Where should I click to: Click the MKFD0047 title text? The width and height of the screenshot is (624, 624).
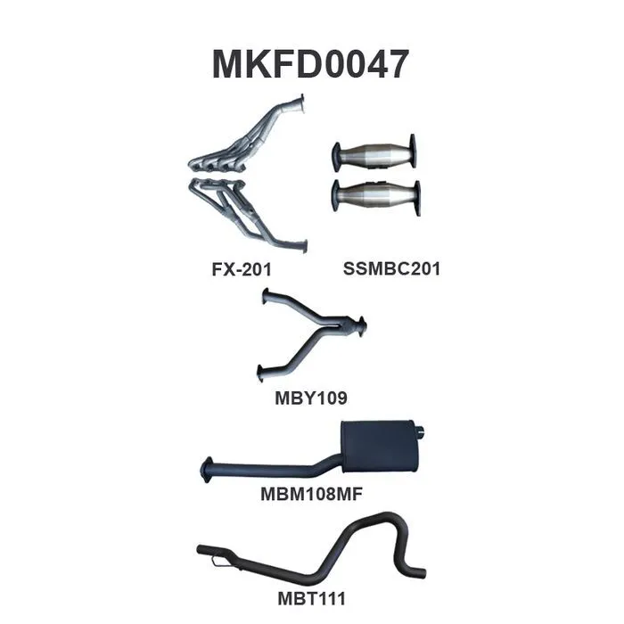310,64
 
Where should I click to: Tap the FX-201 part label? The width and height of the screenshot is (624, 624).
241,267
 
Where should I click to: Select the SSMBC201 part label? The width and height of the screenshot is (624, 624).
391,267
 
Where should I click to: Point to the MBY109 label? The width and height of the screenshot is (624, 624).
310,397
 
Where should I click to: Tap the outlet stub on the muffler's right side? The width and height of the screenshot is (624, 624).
425,436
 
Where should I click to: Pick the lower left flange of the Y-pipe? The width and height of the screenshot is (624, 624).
259,372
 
